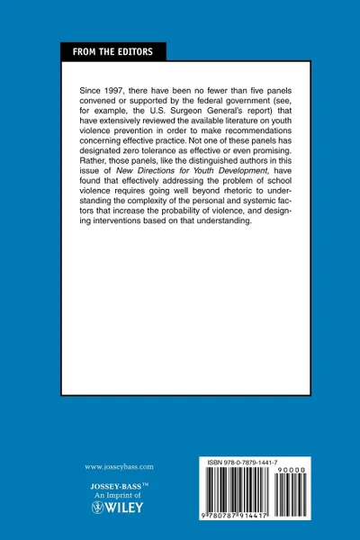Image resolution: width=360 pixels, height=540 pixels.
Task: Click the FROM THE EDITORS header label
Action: (113, 52)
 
